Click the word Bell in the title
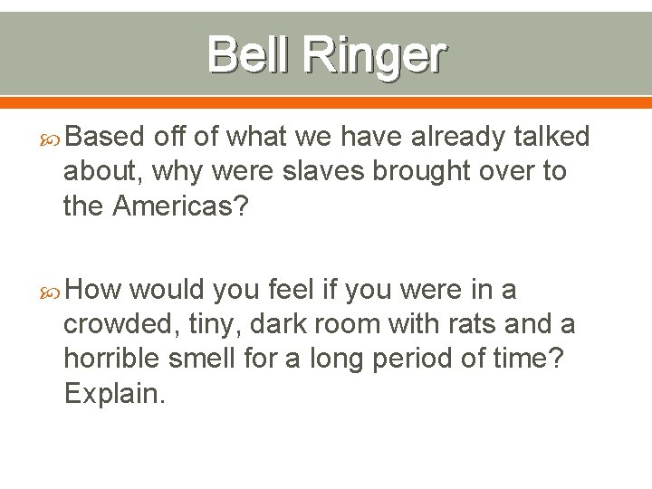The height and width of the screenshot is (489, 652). point(249,53)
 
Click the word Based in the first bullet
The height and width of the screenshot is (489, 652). point(105,137)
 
